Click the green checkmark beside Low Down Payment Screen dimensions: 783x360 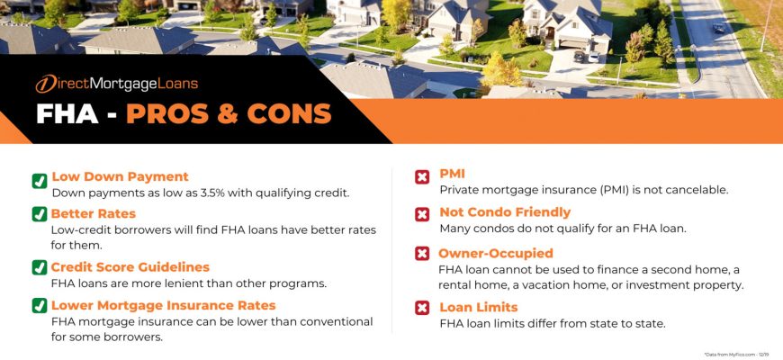pyautogui.click(x=40, y=181)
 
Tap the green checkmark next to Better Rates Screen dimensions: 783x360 pyautogui.click(x=40, y=214)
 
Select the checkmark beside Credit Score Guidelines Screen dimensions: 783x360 pyautogui.click(x=40, y=267)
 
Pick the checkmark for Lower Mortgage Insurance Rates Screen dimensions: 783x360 pyautogui.click(x=40, y=306)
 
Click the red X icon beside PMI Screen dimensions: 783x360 pyautogui.click(x=422, y=176)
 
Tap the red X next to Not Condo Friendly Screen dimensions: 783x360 pyautogui.click(x=422, y=215)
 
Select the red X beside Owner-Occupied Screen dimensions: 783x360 pyautogui.click(x=422, y=254)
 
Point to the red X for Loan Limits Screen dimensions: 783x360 pyautogui.click(x=422, y=308)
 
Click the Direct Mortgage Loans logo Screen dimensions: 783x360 pyautogui.click(x=116, y=84)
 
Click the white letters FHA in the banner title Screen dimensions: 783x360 pyautogui.click(x=67, y=114)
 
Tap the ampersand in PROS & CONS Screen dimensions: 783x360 pyautogui.click(x=228, y=114)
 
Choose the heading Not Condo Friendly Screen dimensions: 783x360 pyautogui.click(x=505, y=212)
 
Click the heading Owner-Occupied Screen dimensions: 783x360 pyautogui.click(x=496, y=253)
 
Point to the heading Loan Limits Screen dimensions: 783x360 pyautogui.click(x=479, y=307)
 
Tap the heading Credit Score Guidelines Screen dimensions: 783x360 pyautogui.click(x=130, y=267)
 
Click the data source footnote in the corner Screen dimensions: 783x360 pyautogui.click(x=737, y=355)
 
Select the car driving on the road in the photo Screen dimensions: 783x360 pyautogui.click(x=718, y=29)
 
